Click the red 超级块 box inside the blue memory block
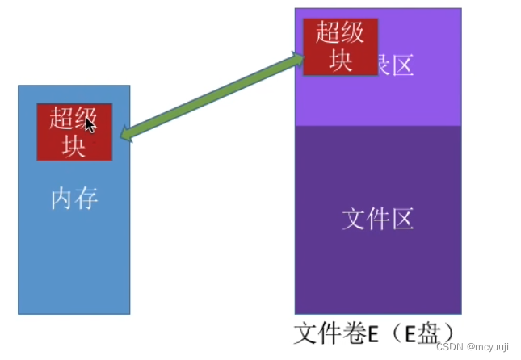pyautogui.click(x=74, y=132)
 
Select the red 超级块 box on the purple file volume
pyautogui.click(x=340, y=46)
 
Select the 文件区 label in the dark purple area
pyautogui.click(x=378, y=218)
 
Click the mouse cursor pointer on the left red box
pyautogui.click(x=90, y=125)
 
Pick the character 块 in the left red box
pyautogui.click(x=74, y=144)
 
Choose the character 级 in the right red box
pyautogui.click(x=353, y=33)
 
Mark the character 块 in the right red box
pyautogui.click(x=341, y=60)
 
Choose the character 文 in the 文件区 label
pyautogui.click(x=355, y=218)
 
